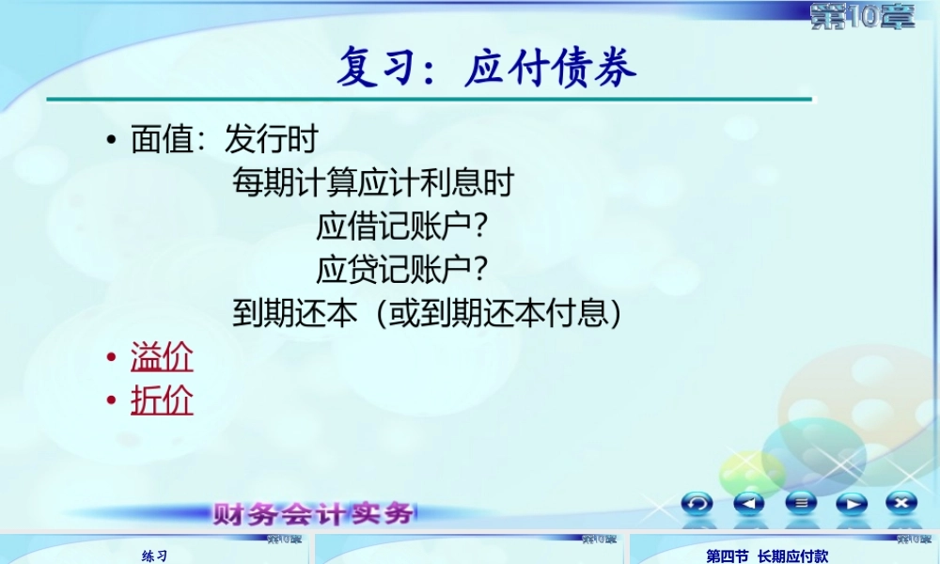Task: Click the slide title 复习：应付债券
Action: [x=486, y=68]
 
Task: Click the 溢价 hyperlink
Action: [x=162, y=357]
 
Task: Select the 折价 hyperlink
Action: [x=162, y=400]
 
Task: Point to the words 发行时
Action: [x=271, y=141]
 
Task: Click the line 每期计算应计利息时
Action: [x=373, y=183]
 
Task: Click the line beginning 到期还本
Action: [x=428, y=313]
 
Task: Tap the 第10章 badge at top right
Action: [x=861, y=17]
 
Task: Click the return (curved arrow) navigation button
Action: [x=697, y=503]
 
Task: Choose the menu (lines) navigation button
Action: [x=800, y=503]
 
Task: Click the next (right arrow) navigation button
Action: [x=851, y=503]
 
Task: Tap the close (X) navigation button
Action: [x=901, y=502]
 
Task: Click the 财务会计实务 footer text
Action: [x=314, y=513]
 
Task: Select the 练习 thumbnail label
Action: [x=154, y=556]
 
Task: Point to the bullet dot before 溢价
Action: [x=111, y=358]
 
